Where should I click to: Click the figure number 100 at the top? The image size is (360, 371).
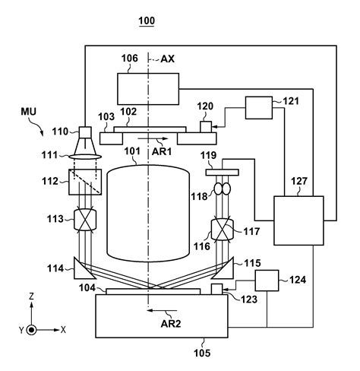pos(146,21)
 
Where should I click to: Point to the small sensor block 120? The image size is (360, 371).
pos(204,126)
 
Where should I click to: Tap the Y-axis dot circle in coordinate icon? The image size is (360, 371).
pos(30,331)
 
